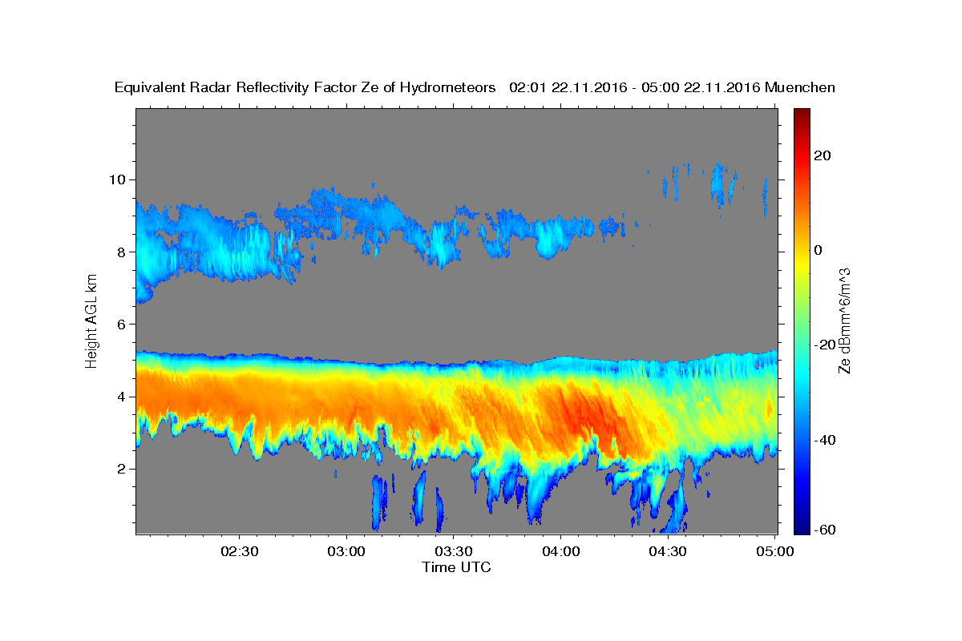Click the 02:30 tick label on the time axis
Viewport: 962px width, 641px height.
(239, 551)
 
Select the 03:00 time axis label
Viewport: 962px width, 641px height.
(346, 551)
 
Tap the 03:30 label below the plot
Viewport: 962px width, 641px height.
(454, 551)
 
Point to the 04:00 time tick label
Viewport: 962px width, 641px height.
(561, 551)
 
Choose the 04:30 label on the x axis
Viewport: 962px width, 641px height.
(668, 551)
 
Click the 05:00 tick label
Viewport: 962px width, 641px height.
(775, 551)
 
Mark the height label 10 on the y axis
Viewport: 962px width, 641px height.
(117, 179)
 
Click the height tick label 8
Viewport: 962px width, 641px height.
(122, 252)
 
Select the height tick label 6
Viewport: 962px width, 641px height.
(122, 325)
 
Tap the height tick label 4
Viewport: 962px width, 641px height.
(122, 397)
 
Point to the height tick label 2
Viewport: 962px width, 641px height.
(122, 469)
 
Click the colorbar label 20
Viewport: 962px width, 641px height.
(823, 155)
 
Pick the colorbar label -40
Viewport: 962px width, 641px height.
(825, 440)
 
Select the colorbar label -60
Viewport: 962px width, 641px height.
(825, 530)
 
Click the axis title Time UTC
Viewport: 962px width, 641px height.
(456, 567)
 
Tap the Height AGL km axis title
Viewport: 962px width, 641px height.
(91, 321)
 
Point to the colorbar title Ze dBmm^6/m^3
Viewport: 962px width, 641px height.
(844, 321)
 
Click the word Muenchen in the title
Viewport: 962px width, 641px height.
(800, 87)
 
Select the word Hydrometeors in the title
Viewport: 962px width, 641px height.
(447, 87)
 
